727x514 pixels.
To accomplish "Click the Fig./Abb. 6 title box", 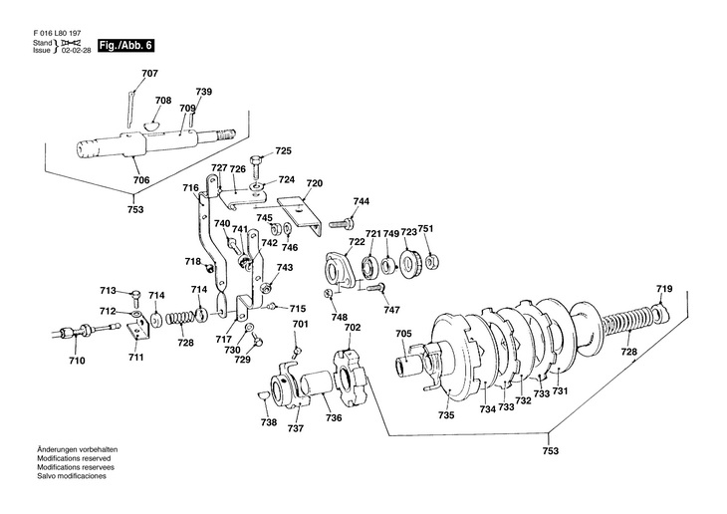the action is point(125,46).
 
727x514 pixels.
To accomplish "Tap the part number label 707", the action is point(149,74).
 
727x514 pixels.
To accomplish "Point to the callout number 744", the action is point(362,201).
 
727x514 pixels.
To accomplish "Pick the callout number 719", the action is point(664,289).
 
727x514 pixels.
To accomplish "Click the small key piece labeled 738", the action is point(263,395).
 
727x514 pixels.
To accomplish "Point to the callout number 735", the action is point(446,415).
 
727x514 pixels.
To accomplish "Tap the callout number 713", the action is point(108,291).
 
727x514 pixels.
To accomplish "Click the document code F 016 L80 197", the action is point(58,34).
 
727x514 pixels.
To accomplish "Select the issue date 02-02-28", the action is point(75,50).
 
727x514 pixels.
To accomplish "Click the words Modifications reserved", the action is point(74,458).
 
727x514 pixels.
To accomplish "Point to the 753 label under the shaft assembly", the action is point(135,209).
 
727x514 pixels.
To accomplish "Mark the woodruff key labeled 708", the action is point(151,125).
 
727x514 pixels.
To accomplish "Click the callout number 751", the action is point(425,229).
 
